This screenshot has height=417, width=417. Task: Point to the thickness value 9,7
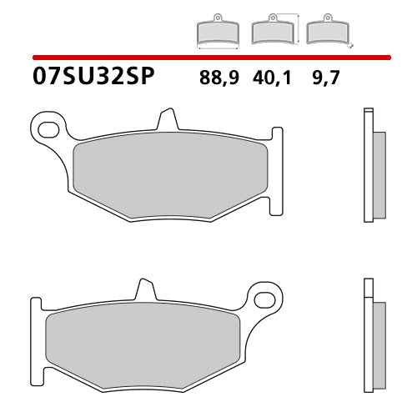(x=324, y=80)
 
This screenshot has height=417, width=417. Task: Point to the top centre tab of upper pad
(x=168, y=118)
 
